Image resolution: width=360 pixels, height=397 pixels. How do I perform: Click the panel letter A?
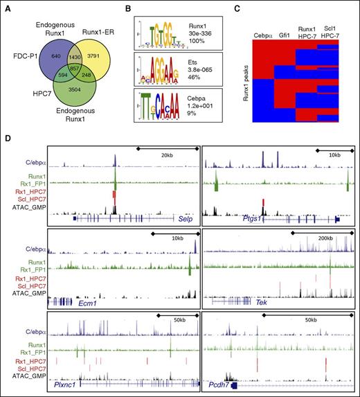[6, 6]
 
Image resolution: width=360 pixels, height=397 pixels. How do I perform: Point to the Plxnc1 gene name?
[61, 386]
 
